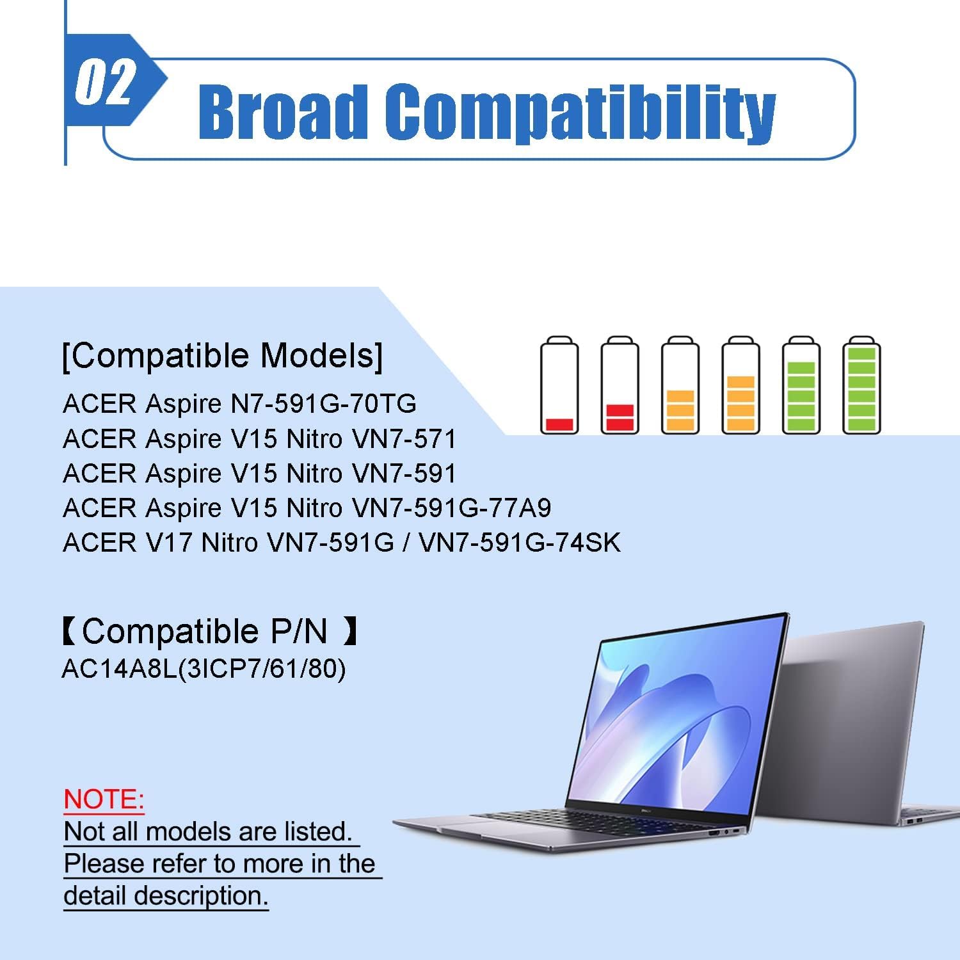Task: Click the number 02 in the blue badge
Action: tap(104, 82)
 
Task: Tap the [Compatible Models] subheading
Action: tap(223, 355)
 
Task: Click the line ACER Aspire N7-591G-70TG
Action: tap(239, 404)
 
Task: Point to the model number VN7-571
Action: tap(404, 439)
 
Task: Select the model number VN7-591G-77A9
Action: tap(452, 508)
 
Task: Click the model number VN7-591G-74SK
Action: tap(520, 543)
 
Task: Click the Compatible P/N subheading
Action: tap(209, 631)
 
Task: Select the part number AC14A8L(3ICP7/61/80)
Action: tap(204, 669)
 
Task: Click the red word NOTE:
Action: tap(104, 799)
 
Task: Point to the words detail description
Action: tap(166, 896)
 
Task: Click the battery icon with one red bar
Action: tap(559, 385)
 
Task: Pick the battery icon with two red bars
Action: tap(620, 385)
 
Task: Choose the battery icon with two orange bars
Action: tap(680, 385)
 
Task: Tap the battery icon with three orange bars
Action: tap(740, 385)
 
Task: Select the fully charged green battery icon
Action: tap(861, 385)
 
